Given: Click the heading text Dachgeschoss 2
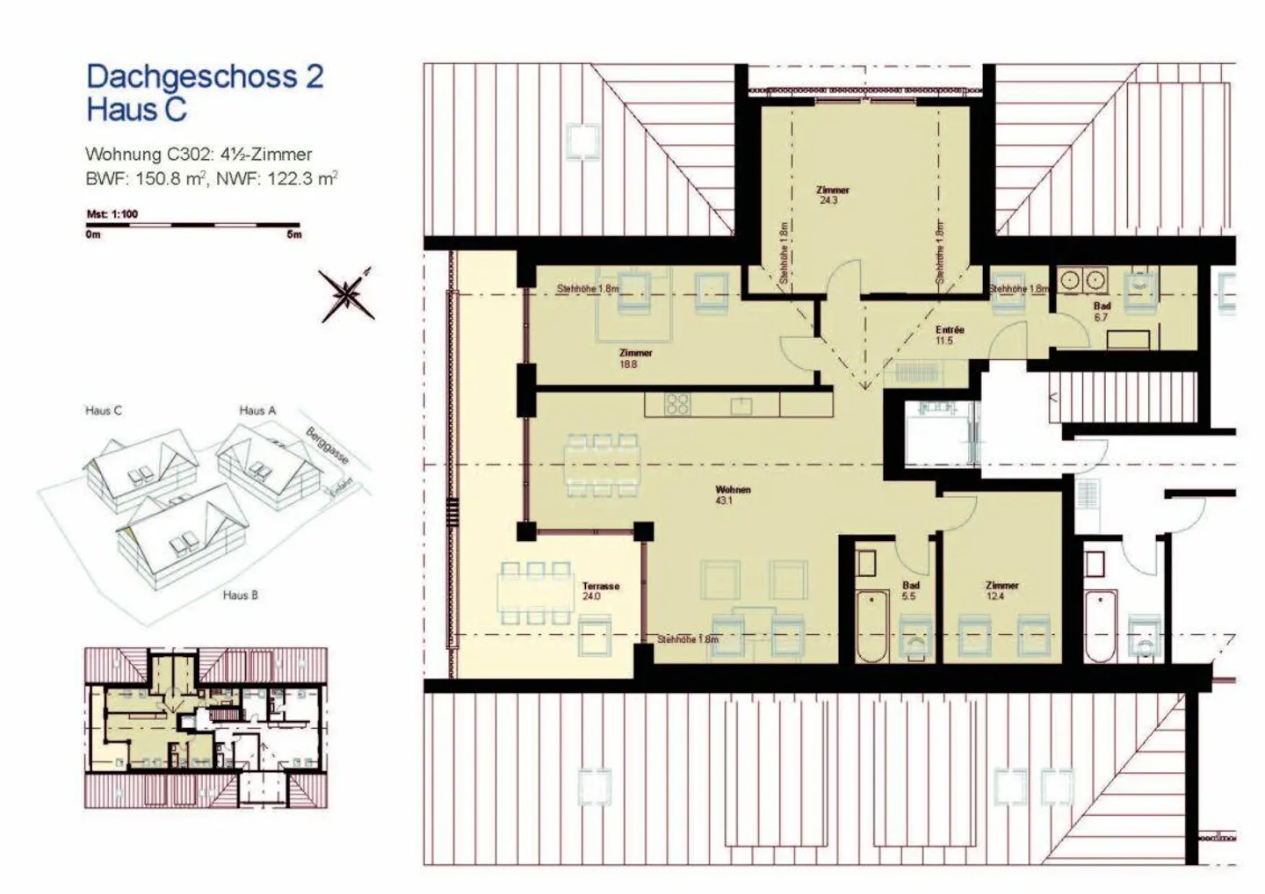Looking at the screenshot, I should pos(205,76).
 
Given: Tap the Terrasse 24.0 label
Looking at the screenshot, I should pos(600,591).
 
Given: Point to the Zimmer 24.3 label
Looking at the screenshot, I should pos(831,195).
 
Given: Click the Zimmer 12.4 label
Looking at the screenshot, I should pos(1001,590).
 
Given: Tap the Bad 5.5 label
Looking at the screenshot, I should pos(910,590).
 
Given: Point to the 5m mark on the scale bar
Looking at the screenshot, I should pos(293,234).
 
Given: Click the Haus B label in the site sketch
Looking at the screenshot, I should pos(240,595).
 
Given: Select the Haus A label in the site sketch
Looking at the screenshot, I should pos(257,410).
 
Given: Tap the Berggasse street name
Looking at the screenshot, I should pos(328,445).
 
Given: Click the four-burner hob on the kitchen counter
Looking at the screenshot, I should pos(676,405).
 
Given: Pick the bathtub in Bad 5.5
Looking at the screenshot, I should pos(871,626).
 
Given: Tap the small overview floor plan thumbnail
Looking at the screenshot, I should pos(206,728).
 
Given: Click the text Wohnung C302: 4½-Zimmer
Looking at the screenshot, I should pos(199,155).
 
